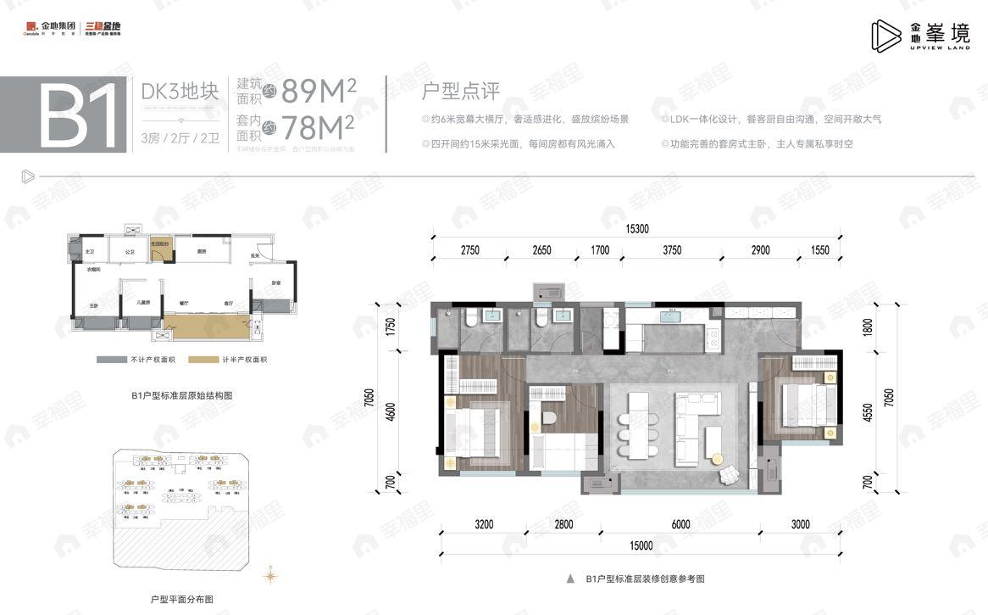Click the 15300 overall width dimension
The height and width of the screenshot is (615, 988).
point(637,228)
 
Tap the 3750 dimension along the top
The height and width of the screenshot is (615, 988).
point(672,250)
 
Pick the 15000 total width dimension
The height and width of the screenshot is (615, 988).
point(641,545)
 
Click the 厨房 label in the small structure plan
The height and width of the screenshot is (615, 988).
point(203,251)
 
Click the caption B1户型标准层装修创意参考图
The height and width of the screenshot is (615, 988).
point(644,579)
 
